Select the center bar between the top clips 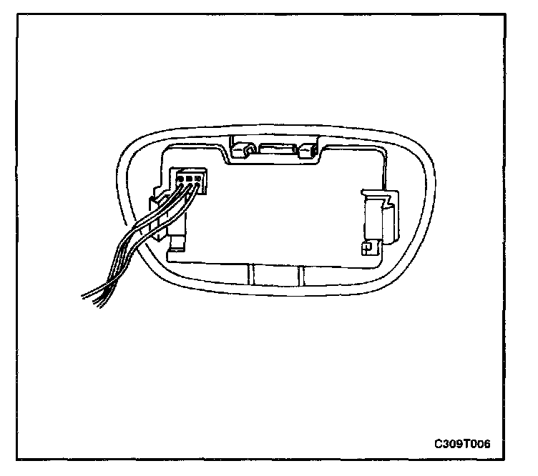click(x=276, y=151)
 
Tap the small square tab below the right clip click(x=366, y=247)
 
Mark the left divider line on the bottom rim click(x=252, y=274)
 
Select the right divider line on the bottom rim click(x=300, y=274)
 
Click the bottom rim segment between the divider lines click(x=275, y=274)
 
